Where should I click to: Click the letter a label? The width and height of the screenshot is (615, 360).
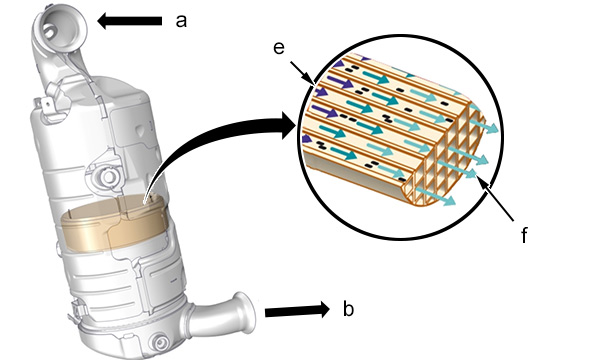pyautogui.click(x=181, y=21)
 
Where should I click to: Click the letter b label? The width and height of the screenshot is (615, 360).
pyautogui.click(x=348, y=309)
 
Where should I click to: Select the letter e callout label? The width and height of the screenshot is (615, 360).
pyautogui.click(x=279, y=48)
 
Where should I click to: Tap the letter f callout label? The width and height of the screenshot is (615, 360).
pyautogui.click(x=524, y=235)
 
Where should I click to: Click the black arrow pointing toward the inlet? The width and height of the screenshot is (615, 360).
pyautogui.click(x=129, y=21)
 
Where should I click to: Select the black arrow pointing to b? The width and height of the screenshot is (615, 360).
pyautogui.click(x=297, y=310)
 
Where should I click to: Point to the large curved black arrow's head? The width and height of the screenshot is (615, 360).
pyautogui.click(x=289, y=125)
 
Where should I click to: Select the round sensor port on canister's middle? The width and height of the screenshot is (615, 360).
pyautogui.click(x=107, y=177)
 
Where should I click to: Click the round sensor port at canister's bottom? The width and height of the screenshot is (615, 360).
pyautogui.click(x=160, y=344)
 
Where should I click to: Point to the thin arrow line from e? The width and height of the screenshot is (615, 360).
pyautogui.click(x=302, y=73)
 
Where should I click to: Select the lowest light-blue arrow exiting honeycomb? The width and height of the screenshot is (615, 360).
pyautogui.click(x=436, y=196)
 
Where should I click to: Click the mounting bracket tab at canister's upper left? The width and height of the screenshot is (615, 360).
pyautogui.click(x=46, y=107)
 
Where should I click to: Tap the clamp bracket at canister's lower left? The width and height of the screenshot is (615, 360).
pyautogui.click(x=77, y=310)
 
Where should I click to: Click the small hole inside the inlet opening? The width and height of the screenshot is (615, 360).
pyautogui.click(x=49, y=31)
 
